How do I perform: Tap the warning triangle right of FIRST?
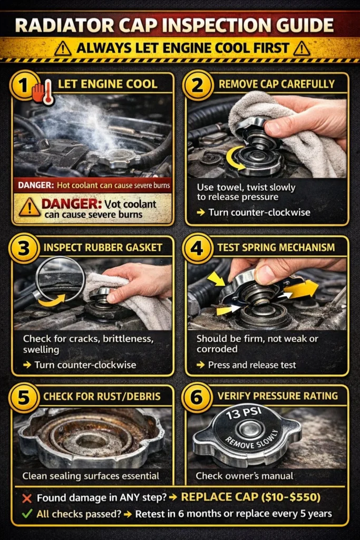click(300, 49)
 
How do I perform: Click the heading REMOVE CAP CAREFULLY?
click(276, 83)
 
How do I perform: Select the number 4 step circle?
click(197, 247)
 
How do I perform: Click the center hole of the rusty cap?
click(90, 437)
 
